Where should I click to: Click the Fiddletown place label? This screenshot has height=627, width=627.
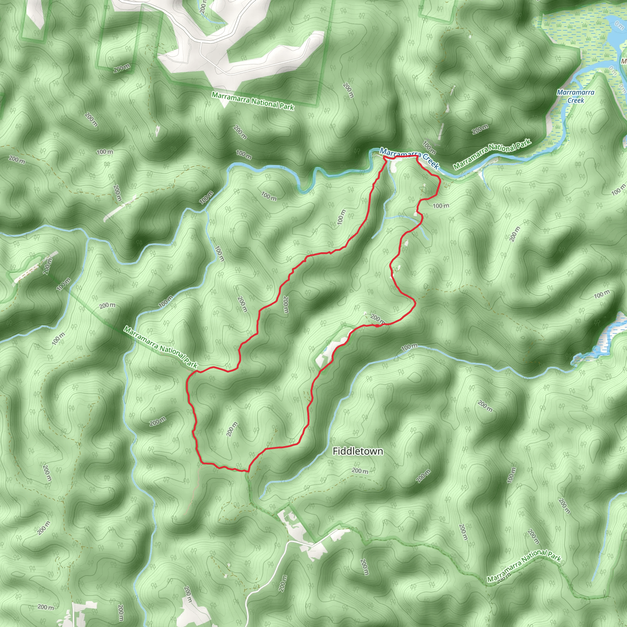coord(358,451)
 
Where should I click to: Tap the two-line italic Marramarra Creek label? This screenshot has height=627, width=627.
coord(575,96)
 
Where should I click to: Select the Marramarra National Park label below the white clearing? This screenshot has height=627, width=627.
coord(253,101)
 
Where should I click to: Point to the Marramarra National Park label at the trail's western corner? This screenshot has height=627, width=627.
coord(161,347)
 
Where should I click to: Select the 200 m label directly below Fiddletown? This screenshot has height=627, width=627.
coord(360,471)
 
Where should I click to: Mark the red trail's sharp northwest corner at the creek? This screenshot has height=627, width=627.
coord(384,157)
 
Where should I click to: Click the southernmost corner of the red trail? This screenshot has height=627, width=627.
coord(248,471)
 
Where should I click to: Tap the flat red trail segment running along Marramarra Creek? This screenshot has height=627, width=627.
coord(401,157)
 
